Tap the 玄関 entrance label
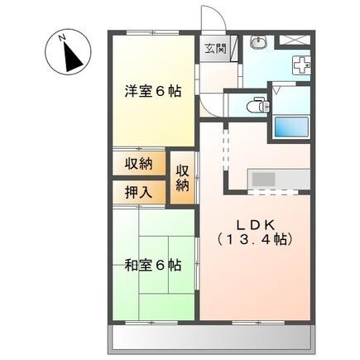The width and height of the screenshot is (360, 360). pyautogui.click(x=214, y=47)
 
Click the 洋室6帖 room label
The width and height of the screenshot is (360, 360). pyautogui.click(x=154, y=89)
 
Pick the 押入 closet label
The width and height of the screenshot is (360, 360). pyautogui.click(x=139, y=192)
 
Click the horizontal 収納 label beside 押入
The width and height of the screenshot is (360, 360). pyautogui.click(x=139, y=164)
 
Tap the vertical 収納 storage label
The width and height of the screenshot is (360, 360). pyautogui.click(x=182, y=176)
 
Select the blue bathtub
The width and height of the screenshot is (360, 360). pyautogui.click(x=289, y=127)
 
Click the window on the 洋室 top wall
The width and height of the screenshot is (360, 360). pyautogui.click(x=153, y=32)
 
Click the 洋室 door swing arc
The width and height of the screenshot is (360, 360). pyautogui.click(x=209, y=103)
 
